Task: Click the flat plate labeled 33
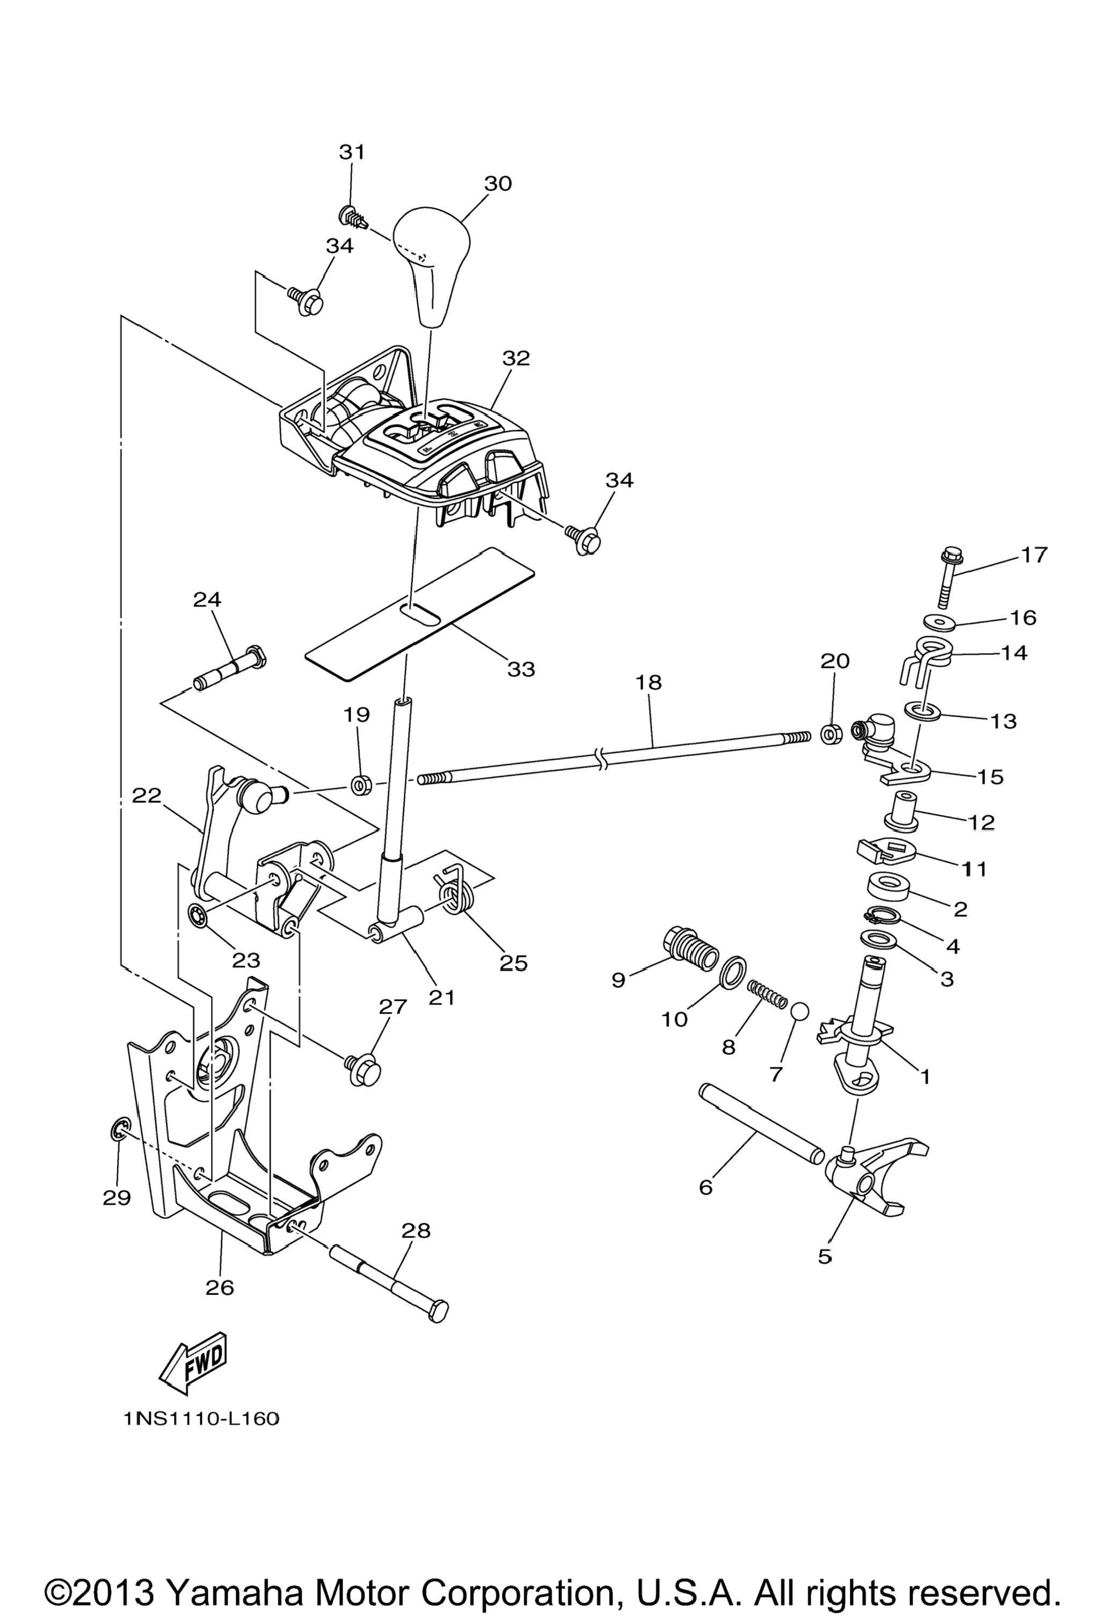click(x=420, y=613)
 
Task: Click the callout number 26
click(x=220, y=1287)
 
